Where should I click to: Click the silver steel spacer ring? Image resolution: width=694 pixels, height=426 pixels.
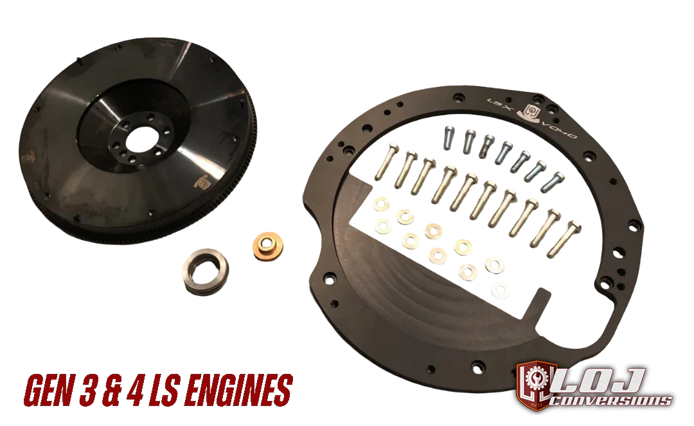(x=206, y=272)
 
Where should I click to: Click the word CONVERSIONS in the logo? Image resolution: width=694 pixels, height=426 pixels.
(x=611, y=401)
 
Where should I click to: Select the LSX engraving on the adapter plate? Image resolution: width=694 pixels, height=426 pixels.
(x=500, y=105)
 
